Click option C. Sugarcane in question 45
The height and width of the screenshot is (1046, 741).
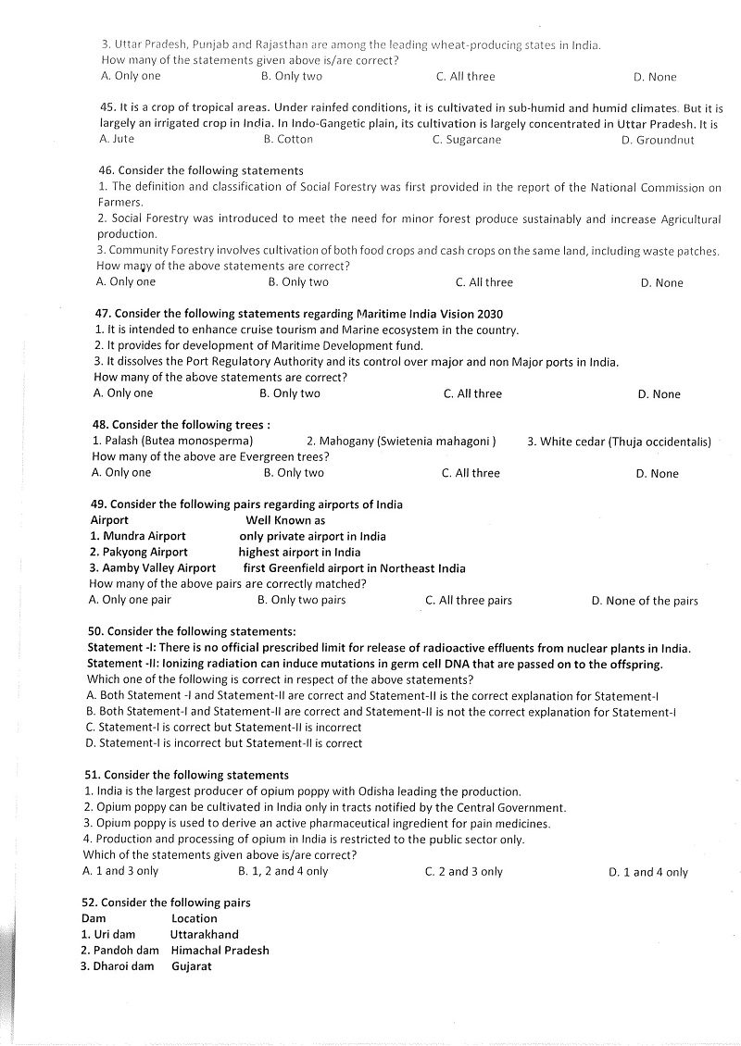pos(467,140)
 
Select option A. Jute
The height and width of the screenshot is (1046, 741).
pos(117,139)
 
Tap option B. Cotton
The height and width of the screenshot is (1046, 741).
pos(288,139)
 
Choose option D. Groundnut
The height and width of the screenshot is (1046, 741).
pos(658,141)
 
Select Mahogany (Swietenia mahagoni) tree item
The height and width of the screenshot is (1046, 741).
pos(401,442)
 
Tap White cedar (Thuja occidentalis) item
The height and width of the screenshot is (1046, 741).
pos(619,442)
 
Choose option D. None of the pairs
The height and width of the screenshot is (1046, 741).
pos(645,601)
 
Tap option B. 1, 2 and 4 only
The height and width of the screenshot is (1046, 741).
pos(283,871)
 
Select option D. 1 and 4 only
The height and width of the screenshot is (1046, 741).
pos(648,872)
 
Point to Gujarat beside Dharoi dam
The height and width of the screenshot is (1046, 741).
pos(192,966)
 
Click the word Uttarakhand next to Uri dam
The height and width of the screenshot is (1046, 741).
pos(204,934)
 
